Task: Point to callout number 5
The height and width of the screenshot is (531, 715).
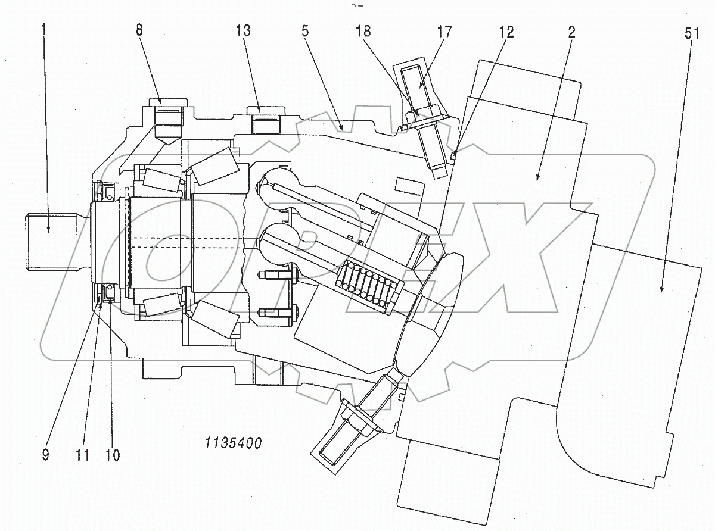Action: [x=305, y=32]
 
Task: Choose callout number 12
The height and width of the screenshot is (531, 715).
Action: [x=506, y=32]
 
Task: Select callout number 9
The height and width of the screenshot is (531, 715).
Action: [x=45, y=455]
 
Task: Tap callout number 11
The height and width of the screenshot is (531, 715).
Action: [x=82, y=455]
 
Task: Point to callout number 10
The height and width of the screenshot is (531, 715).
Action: [x=112, y=455]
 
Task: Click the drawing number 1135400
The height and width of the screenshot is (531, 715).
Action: [x=233, y=443]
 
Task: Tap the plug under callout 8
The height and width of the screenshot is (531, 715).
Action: [x=167, y=122]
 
